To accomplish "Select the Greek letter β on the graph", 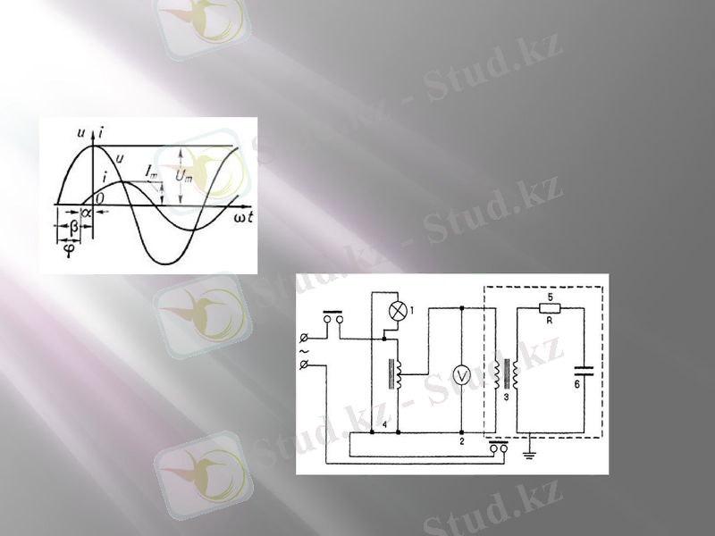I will [73, 228].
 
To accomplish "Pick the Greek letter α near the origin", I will [87, 213].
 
